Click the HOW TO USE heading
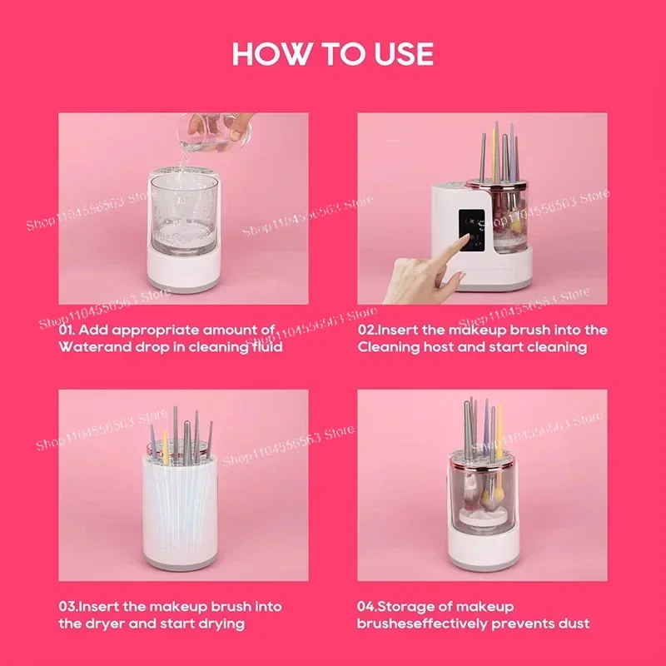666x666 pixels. click(x=333, y=54)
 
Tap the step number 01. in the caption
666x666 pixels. click(x=69, y=330)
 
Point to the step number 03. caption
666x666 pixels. click(x=69, y=606)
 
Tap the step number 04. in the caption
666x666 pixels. click(x=370, y=606)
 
